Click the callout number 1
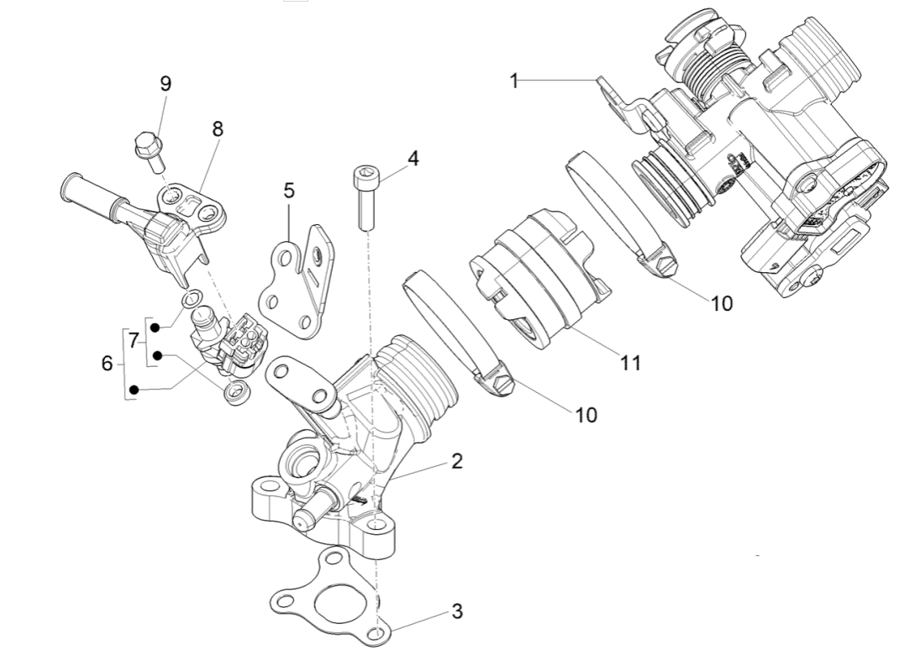point(514,81)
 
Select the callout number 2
point(455,461)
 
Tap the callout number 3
point(457,611)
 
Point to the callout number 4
point(412,158)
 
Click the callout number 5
point(288,191)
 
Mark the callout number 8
point(218,129)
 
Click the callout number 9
point(166,83)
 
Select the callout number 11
point(630,362)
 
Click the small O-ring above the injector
point(192,296)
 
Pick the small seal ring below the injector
point(234,391)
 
